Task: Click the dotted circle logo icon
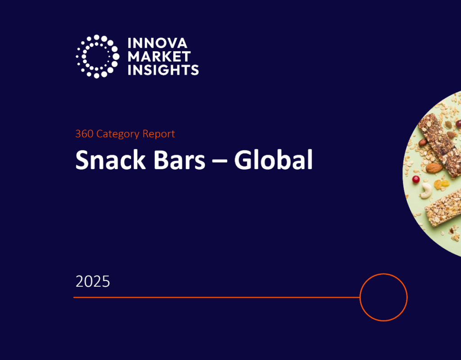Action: pyautogui.click(x=97, y=56)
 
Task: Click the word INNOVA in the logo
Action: pyautogui.click(x=157, y=44)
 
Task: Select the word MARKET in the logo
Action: pyautogui.click(x=159, y=57)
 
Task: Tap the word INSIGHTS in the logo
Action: pyautogui.click(x=163, y=70)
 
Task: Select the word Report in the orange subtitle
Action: pyautogui.click(x=158, y=134)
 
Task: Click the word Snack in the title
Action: pyautogui.click(x=106, y=160)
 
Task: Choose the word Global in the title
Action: pyautogui.click(x=273, y=160)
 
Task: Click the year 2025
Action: pyautogui.click(x=93, y=282)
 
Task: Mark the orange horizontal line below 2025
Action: pyautogui.click(x=216, y=297)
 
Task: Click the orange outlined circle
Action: pyautogui.click(x=384, y=297)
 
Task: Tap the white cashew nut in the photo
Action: pyautogui.click(x=425, y=192)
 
